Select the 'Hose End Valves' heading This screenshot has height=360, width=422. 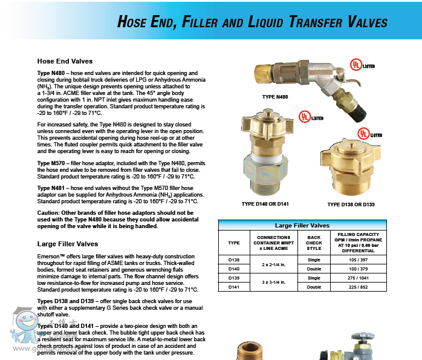pyautogui.click(x=65, y=61)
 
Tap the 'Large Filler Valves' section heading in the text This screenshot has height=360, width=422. pyautogui.click(x=67, y=244)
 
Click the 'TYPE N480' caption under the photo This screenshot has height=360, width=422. pyautogui.click(x=274, y=97)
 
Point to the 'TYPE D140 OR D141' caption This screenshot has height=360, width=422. pyautogui.click(x=265, y=204)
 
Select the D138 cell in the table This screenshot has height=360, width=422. pyautogui.click(x=233, y=259)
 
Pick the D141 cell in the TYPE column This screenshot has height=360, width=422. pyautogui.click(x=233, y=287)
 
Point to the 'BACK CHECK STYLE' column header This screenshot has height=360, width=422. pyautogui.click(x=314, y=242)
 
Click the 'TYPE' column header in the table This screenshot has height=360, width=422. pyautogui.click(x=233, y=242)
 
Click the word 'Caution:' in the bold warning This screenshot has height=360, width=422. pyautogui.click(x=50, y=213)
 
